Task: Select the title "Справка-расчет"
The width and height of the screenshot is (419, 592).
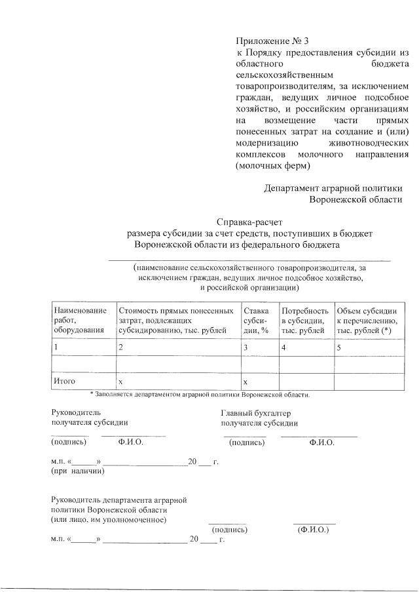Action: point(249,222)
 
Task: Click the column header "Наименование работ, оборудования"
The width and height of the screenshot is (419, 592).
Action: point(79,320)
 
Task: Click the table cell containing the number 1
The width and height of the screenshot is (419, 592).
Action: point(56,346)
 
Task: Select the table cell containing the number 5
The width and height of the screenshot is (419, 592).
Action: point(339,346)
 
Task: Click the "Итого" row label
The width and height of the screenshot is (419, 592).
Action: point(65,381)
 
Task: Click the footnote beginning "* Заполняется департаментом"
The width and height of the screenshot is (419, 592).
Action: point(200,395)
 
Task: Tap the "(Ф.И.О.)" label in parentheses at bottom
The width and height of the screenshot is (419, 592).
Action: point(313,529)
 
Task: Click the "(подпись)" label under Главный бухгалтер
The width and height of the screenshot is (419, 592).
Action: point(247,443)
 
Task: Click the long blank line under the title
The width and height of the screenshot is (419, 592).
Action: point(249,260)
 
